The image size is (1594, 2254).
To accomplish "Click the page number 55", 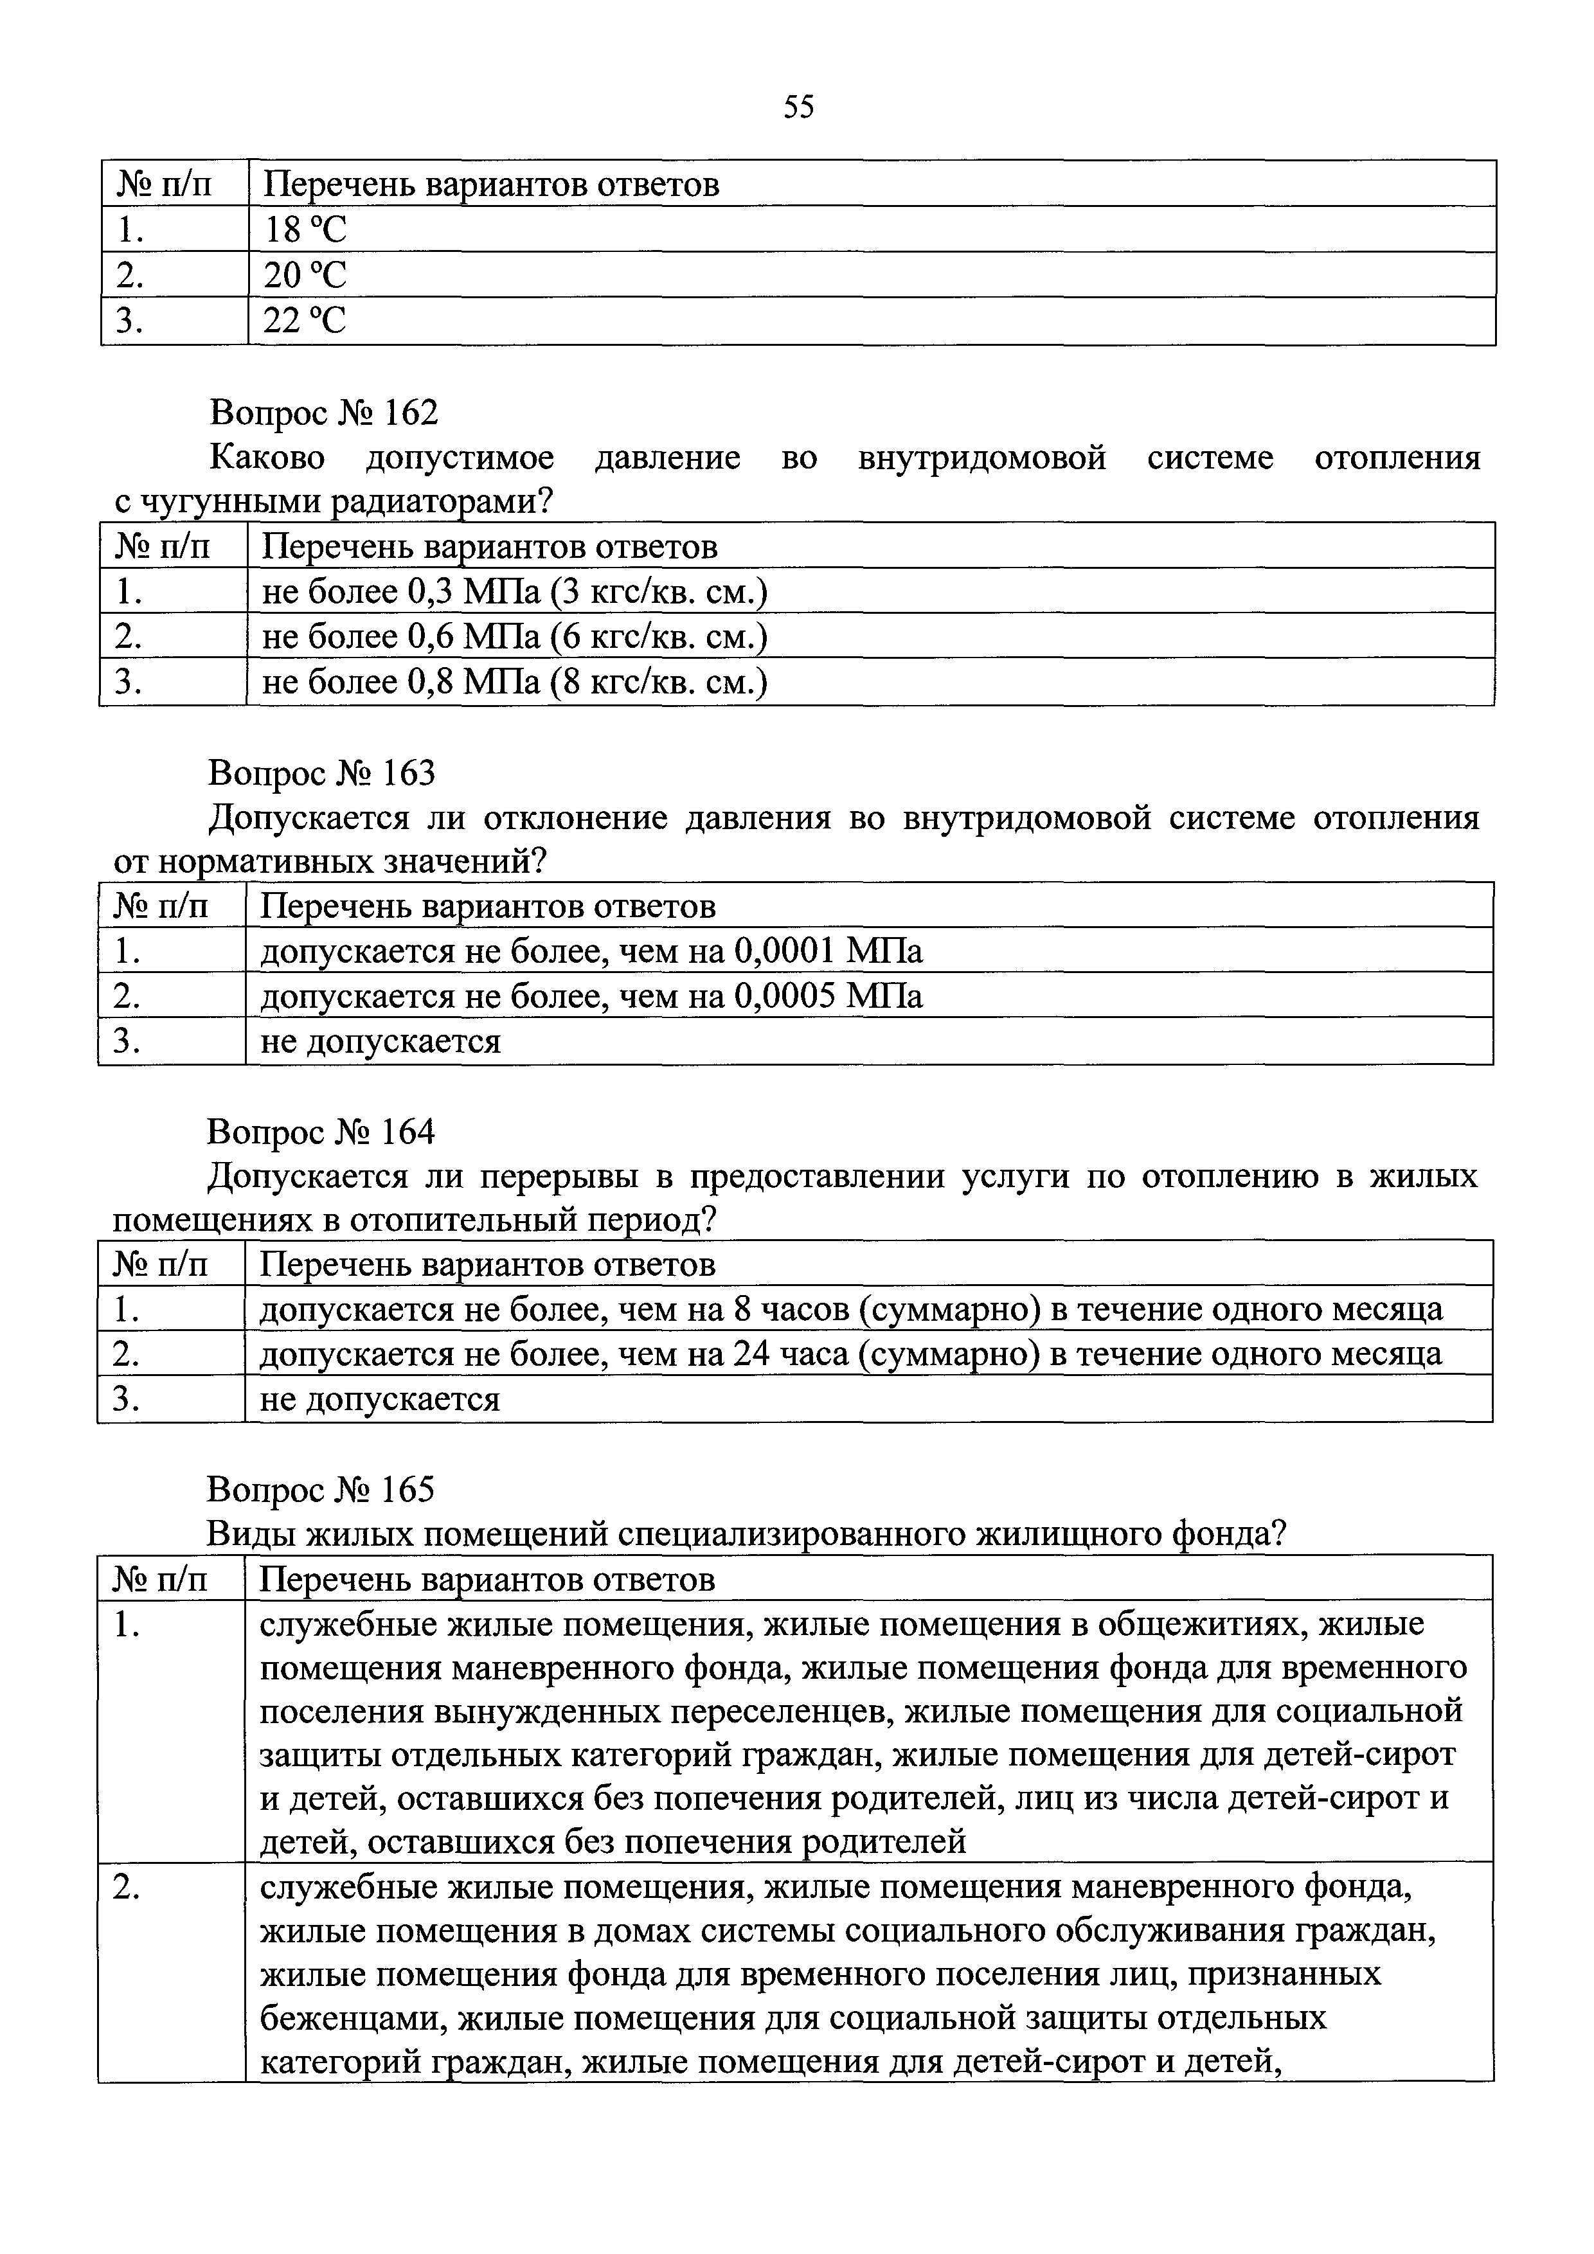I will (798, 107).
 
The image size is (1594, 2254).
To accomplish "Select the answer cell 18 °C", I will (305, 229).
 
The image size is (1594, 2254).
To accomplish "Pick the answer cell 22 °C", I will (305, 321).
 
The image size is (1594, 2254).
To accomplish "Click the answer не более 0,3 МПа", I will (514, 592).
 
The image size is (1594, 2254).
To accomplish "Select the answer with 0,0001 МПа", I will (591, 951).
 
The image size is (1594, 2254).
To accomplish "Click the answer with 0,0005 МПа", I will (591, 996).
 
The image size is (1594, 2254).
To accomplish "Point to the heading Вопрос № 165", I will (320, 1490).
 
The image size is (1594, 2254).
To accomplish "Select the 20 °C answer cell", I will (305, 276).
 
